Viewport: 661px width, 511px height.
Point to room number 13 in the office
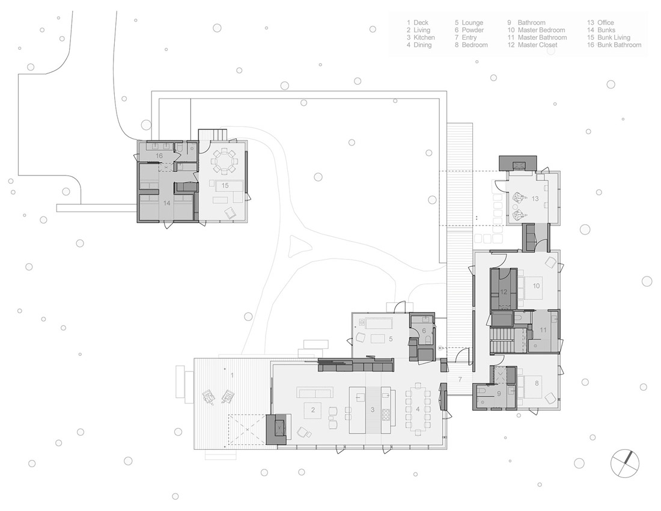(535, 198)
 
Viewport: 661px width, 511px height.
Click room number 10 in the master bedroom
(536, 286)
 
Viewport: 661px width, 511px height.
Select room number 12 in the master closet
(504, 292)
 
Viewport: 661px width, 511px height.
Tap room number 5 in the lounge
(391, 338)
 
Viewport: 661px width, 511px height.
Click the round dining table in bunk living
(224, 161)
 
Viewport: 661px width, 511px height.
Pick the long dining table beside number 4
(418, 409)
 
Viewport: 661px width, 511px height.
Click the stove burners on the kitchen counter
(385, 415)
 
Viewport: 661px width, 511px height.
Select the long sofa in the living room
(313, 393)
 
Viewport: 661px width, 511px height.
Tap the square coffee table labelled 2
(313, 411)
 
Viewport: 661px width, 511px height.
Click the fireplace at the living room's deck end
(279, 429)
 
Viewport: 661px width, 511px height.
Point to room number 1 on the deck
(232, 375)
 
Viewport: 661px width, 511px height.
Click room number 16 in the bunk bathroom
(159, 156)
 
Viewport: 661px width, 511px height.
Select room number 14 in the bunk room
(167, 203)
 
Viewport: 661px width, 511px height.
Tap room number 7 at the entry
(460, 379)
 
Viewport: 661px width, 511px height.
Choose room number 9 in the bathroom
(499, 394)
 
